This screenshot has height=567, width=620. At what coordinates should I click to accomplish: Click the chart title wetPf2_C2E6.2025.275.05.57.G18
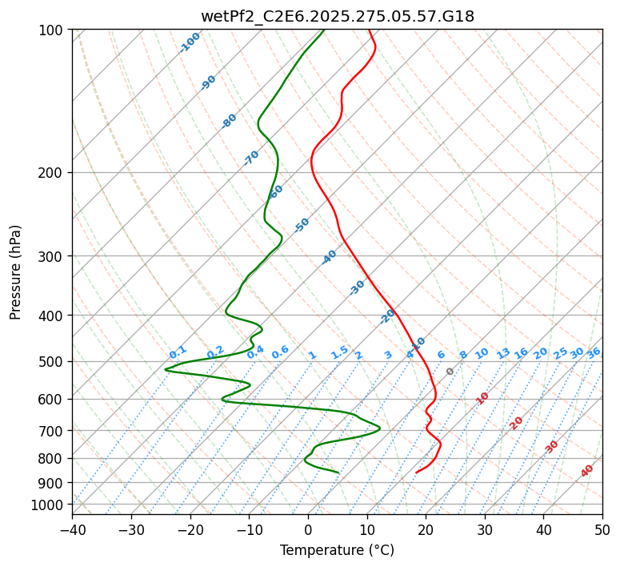click(x=337, y=15)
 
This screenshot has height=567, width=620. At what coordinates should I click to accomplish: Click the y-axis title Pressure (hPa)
click(x=16, y=271)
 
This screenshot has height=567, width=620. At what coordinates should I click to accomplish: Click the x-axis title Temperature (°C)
click(x=337, y=550)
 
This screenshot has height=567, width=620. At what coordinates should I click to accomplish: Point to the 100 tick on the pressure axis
click(x=52, y=30)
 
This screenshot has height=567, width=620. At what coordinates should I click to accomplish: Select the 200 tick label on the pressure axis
click(x=52, y=172)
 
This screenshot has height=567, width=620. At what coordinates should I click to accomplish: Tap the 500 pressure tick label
click(x=52, y=361)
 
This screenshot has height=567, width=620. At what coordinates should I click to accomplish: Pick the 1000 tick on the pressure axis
click(x=49, y=505)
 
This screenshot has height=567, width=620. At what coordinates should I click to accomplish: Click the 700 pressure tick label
click(x=52, y=431)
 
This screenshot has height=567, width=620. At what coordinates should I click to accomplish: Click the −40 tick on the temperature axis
click(x=72, y=529)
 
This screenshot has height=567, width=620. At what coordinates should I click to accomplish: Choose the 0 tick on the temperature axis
click(x=308, y=529)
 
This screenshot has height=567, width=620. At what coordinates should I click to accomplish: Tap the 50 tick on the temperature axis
click(x=602, y=529)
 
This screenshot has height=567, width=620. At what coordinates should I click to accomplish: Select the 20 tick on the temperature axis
click(x=426, y=529)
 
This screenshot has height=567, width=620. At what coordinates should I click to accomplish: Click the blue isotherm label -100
click(x=190, y=42)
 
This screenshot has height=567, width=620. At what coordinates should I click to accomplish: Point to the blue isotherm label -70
click(x=251, y=158)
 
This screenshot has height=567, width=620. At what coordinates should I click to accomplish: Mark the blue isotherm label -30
click(x=357, y=288)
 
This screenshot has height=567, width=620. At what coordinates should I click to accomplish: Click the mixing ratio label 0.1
click(x=178, y=352)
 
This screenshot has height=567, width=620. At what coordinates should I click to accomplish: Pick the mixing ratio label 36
click(x=594, y=352)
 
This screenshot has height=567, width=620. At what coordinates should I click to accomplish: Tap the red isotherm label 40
click(x=587, y=471)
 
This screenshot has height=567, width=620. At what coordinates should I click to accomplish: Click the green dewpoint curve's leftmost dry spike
click(x=166, y=369)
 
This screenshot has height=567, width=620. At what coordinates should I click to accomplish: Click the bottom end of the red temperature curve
click(x=416, y=472)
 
